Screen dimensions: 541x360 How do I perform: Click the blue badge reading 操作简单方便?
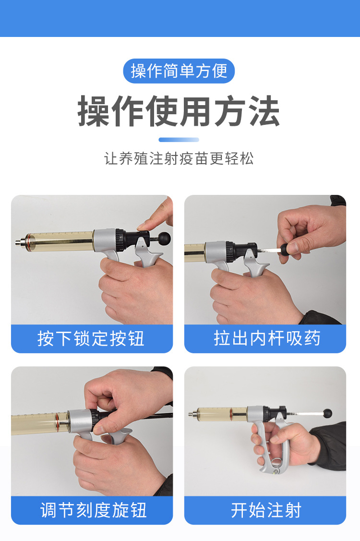[x=179, y=71]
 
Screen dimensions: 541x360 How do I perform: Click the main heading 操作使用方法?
[x=179, y=111]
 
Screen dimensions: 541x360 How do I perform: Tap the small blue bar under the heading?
[x=179, y=140]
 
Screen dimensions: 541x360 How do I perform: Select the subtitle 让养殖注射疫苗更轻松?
[x=179, y=158]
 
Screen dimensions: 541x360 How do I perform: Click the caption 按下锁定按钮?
[x=91, y=339]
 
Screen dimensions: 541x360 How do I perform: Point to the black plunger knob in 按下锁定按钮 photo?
[x=165, y=237]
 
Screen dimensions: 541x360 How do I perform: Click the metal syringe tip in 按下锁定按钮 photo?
[x=19, y=240]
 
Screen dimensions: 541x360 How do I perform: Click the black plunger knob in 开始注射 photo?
[x=327, y=413]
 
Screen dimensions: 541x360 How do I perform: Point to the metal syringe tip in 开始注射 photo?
[x=192, y=413]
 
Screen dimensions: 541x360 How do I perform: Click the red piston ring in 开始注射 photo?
[x=232, y=413]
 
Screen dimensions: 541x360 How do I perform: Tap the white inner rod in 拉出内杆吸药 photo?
[x=271, y=251]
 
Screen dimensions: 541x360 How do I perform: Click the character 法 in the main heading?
[x=263, y=111]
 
